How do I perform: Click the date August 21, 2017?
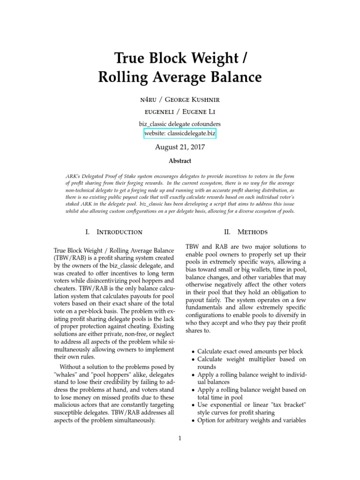[x=180, y=147]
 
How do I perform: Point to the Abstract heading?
[x=180, y=161]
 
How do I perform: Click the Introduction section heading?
[x=119, y=232]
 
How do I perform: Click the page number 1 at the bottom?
[x=180, y=438]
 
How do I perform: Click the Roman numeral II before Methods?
[x=227, y=232]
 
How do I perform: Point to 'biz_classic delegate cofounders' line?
[x=180, y=123]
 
